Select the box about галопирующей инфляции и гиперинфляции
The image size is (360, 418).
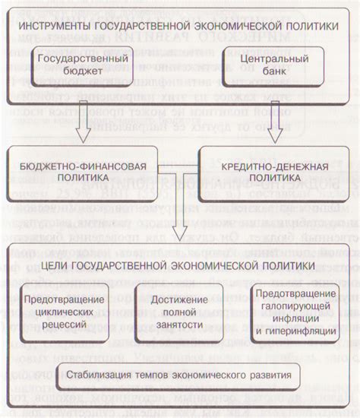pyautogui.click(x=294, y=312)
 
